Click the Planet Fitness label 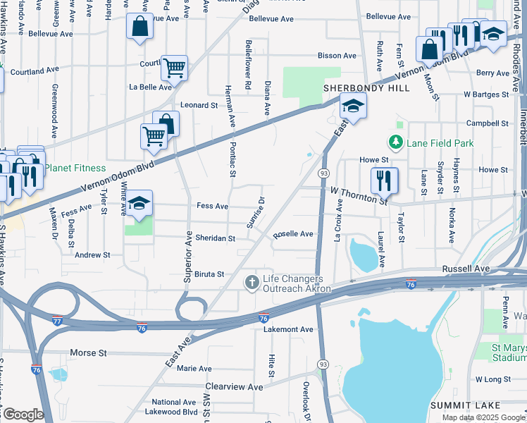click(x=75, y=168)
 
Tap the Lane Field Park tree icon click(x=396, y=143)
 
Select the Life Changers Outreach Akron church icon click(x=252, y=283)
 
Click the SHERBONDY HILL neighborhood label click(x=356, y=88)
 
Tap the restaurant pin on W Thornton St click(x=384, y=180)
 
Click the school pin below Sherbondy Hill click(x=352, y=106)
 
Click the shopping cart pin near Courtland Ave click(x=174, y=68)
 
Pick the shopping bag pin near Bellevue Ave click(x=139, y=27)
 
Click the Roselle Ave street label click(x=293, y=234)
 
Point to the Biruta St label click(x=209, y=274)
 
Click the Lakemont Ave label click(x=287, y=329)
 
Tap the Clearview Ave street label click(x=234, y=387)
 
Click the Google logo click(x=23, y=415)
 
